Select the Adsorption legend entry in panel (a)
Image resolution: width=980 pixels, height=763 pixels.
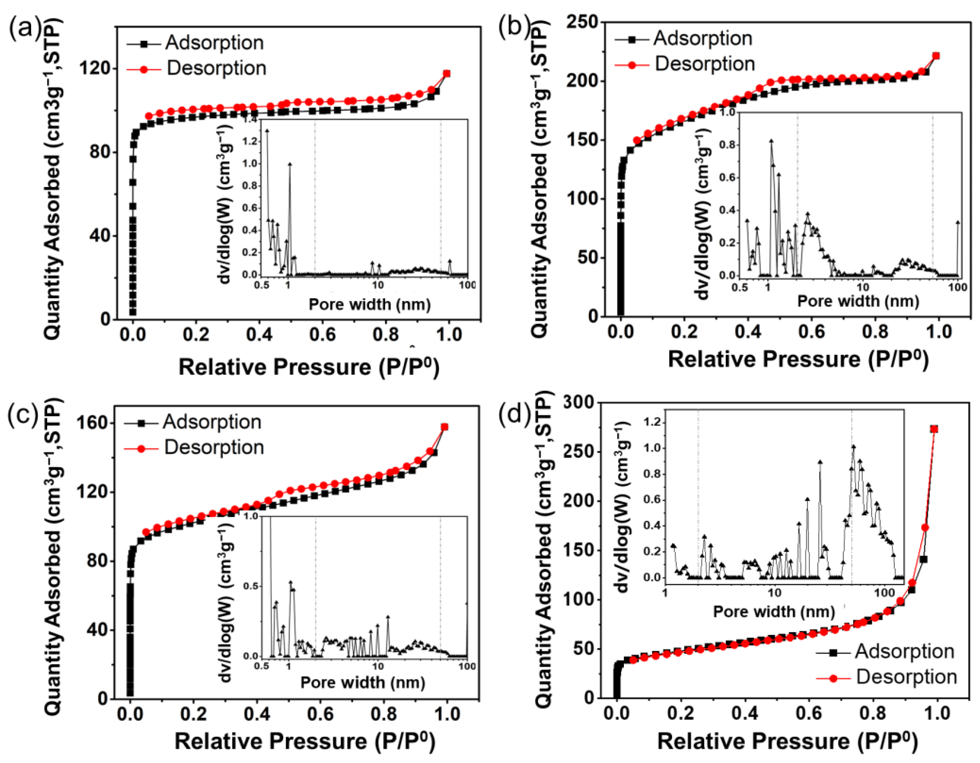[214, 43]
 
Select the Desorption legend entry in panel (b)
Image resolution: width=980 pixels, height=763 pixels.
[704, 64]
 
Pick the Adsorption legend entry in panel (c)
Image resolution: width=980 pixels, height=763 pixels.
[211, 422]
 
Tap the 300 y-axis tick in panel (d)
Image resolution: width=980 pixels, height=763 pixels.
[579, 402]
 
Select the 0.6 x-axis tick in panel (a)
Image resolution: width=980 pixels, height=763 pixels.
[322, 334]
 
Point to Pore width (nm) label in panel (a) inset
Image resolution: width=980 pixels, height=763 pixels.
[369, 305]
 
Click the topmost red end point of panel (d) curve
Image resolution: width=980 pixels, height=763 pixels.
[934, 429]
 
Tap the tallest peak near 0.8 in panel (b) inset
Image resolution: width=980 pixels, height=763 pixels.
[771, 140]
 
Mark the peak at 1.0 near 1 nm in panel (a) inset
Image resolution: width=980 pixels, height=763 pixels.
[290, 164]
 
